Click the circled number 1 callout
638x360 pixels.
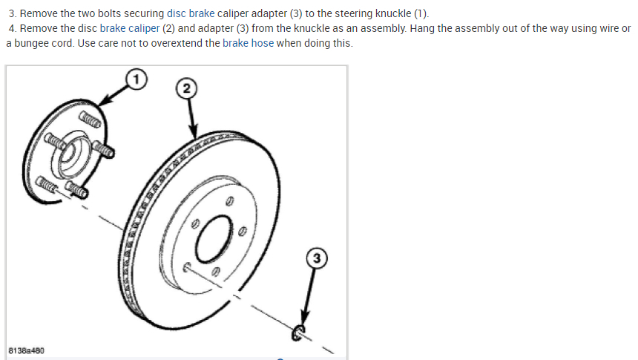point(134,77)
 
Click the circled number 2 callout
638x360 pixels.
point(187,89)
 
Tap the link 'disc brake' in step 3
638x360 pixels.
point(191,14)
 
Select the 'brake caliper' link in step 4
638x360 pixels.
point(129,28)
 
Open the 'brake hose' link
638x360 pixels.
point(248,42)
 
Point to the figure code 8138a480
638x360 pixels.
point(26,349)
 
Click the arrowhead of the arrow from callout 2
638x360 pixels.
point(192,134)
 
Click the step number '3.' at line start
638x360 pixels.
point(13,14)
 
